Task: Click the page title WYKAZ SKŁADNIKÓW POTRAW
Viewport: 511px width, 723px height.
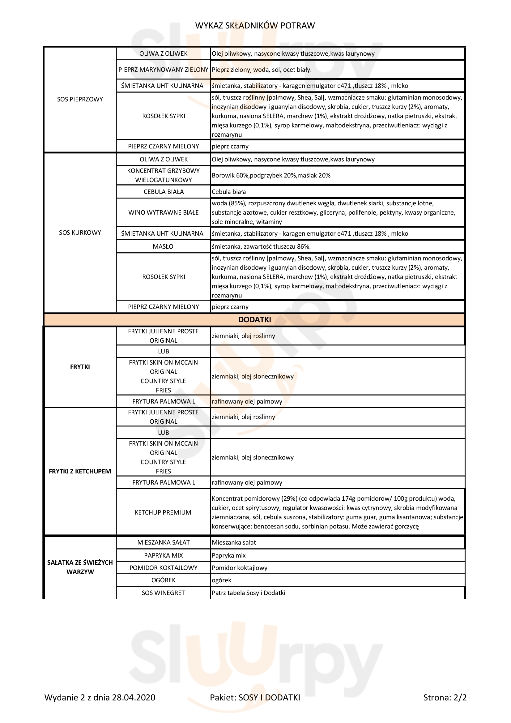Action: (x=255, y=25)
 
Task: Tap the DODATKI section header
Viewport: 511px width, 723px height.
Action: (x=254, y=320)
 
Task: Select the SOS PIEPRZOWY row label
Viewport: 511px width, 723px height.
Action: (x=80, y=99)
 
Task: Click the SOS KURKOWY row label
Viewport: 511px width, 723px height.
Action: (x=80, y=233)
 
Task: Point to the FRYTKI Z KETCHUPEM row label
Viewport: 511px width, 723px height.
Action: (x=80, y=471)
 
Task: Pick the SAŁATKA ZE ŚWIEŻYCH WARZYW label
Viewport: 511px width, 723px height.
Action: (x=80, y=567)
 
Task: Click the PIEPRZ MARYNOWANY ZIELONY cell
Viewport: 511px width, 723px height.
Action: (x=163, y=70)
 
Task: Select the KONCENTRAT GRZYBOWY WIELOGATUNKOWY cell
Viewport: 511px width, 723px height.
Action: (x=163, y=175)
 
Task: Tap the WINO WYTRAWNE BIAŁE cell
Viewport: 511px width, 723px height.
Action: (x=163, y=212)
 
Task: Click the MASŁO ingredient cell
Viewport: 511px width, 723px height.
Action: (x=163, y=246)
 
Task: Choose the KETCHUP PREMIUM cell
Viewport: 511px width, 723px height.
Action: (x=163, y=512)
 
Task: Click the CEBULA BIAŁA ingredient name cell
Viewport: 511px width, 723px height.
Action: (x=163, y=192)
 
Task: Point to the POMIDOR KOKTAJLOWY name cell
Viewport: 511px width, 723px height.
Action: (x=163, y=568)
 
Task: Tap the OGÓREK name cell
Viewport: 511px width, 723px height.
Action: (x=163, y=580)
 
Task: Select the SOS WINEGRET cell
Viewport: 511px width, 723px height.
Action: (x=163, y=593)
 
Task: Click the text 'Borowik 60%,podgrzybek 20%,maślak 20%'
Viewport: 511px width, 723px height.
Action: (x=271, y=175)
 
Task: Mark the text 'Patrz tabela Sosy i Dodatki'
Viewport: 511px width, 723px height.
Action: (x=249, y=593)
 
